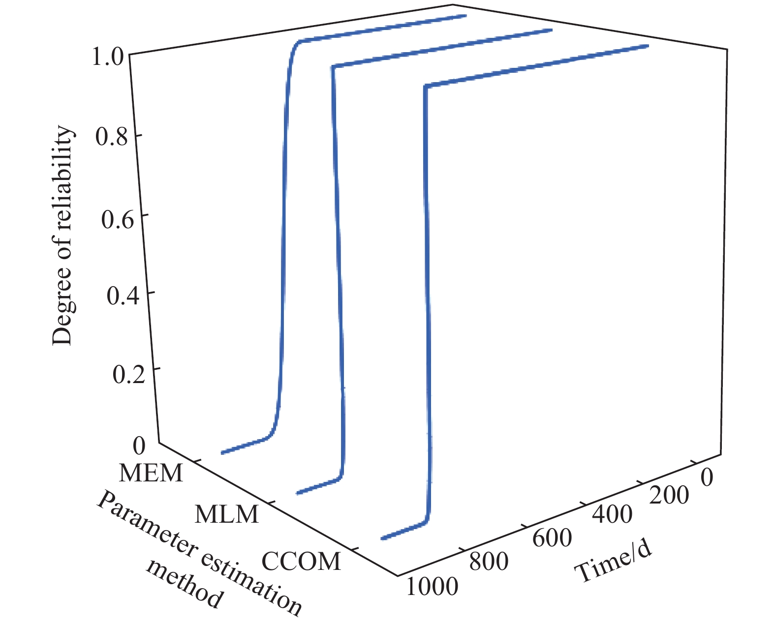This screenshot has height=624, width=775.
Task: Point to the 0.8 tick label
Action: [x=111, y=137]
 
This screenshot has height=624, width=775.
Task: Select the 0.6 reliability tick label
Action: [x=117, y=218]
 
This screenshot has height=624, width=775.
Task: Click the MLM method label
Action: [x=227, y=514]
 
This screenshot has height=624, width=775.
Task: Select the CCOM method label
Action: [x=301, y=561]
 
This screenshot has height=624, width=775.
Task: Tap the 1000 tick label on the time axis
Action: [x=432, y=586]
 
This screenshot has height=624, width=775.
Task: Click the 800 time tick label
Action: [x=489, y=561]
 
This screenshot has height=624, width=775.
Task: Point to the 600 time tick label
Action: [x=552, y=538]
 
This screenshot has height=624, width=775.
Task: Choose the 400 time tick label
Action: [x=612, y=514]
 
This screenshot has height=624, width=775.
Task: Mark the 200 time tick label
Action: [x=669, y=495]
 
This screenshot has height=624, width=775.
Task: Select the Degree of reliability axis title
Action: [x=62, y=236]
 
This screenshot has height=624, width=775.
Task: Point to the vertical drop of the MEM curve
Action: [x=283, y=236]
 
